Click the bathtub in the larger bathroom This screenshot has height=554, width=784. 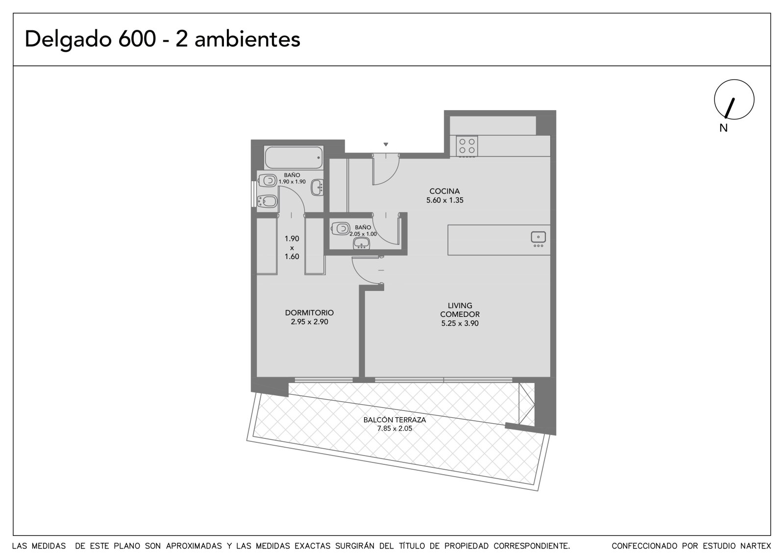294,158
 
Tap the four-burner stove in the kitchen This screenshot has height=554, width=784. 467,146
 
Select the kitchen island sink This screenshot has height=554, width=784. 539,237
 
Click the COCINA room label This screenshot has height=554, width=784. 444,191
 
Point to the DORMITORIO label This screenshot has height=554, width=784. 309,313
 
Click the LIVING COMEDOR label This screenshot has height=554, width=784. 460,310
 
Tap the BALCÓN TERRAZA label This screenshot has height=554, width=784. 394,420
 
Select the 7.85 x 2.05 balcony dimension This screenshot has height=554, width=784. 394,429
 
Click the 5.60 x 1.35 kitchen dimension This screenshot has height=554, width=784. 444,200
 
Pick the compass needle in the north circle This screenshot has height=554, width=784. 730,108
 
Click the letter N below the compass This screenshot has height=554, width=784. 723,128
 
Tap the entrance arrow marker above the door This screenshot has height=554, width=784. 386,144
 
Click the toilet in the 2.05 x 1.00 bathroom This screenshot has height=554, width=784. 340,229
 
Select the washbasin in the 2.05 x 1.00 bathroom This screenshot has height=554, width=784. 361,243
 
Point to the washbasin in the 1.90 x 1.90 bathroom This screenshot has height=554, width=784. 318,188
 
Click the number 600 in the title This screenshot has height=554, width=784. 137,39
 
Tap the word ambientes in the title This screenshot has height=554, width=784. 247,39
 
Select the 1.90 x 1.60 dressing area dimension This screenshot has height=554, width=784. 292,247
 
